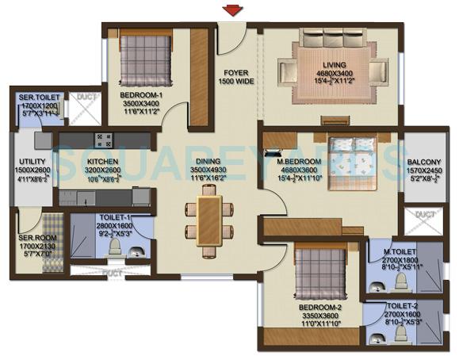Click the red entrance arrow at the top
click(232, 10)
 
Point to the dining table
click(210, 219)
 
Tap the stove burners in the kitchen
click(105, 140)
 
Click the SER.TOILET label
click(38, 98)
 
